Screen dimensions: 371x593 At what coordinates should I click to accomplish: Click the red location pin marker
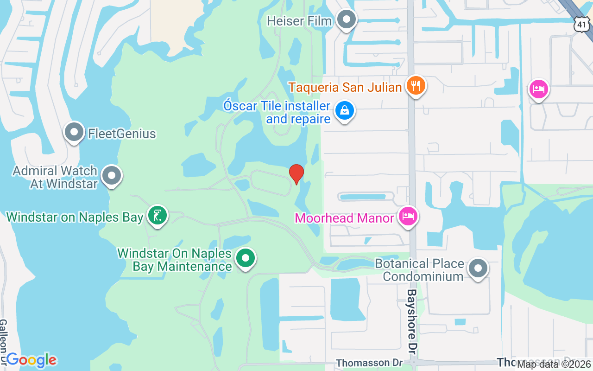click(x=296, y=174)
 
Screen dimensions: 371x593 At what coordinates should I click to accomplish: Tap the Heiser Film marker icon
click(x=346, y=20)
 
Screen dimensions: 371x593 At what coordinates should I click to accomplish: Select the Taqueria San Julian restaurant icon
click(x=416, y=86)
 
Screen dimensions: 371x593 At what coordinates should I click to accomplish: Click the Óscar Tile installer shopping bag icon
click(x=344, y=110)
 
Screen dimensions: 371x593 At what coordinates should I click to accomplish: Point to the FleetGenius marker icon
click(x=74, y=133)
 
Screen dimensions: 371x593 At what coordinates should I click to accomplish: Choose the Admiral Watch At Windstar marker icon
click(x=112, y=176)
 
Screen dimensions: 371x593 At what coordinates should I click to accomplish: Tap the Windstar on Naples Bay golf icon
click(x=158, y=215)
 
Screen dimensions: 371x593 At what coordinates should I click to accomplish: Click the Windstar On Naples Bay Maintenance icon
click(x=246, y=258)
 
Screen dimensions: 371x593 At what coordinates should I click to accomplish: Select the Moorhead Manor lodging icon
click(x=409, y=217)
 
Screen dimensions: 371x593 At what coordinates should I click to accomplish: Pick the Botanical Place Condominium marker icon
click(x=478, y=269)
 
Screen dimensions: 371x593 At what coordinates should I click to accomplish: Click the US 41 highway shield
click(x=582, y=24)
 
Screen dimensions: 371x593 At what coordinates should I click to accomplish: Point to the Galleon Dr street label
click(x=4, y=341)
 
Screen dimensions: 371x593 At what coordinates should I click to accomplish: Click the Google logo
click(x=32, y=360)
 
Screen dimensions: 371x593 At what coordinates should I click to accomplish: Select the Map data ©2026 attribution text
click(x=554, y=365)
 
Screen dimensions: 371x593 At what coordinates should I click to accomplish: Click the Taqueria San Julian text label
click(x=345, y=87)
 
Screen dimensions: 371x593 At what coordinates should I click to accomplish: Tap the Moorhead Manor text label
click(x=344, y=217)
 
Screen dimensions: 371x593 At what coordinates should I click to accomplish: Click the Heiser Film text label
click(x=299, y=21)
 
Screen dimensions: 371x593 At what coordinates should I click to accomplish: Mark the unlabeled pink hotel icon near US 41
click(x=538, y=88)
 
